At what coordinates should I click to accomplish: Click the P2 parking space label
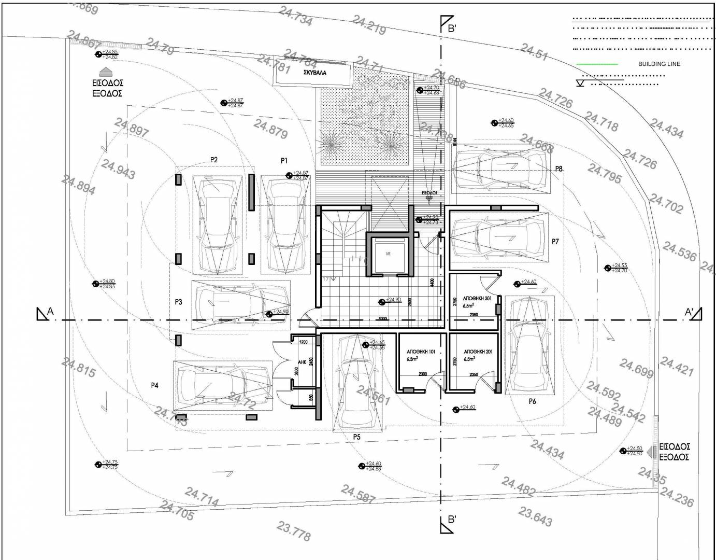point(213,160)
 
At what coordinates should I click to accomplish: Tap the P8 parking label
point(559,169)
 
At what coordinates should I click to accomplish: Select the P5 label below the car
point(356,437)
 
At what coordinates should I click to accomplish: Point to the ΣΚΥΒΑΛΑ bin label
point(318,74)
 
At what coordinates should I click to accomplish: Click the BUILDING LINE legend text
point(659,64)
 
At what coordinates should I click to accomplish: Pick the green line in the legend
point(597,64)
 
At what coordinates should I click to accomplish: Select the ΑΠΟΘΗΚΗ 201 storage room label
point(478,352)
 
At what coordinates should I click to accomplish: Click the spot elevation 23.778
point(293,531)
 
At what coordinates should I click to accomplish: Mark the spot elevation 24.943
point(118,169)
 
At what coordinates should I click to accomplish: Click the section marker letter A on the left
point(50,311)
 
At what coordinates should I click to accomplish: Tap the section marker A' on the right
point(689,312)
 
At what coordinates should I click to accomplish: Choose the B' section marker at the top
point(451,28)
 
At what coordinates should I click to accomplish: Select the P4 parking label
point(154,385)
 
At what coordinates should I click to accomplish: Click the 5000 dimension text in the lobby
point(383,318)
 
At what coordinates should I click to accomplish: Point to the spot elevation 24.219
point(369,24)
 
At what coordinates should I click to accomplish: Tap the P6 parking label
point(532,401)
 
